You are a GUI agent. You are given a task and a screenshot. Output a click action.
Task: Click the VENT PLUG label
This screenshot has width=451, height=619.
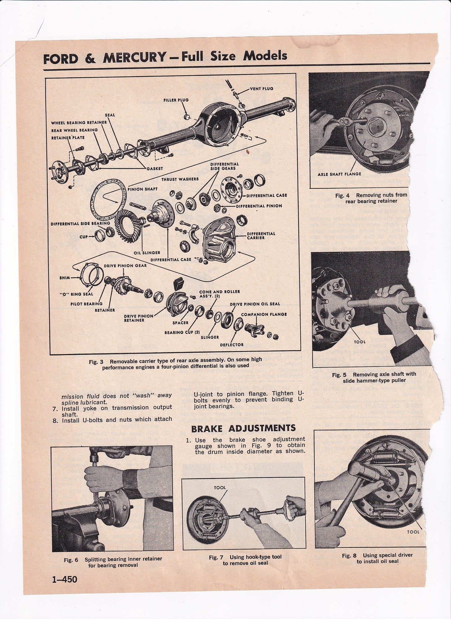(261, 89)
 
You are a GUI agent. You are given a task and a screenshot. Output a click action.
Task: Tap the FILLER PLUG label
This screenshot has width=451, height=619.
(176, 100)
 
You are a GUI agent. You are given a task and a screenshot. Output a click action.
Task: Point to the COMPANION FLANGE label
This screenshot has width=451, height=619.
(264, 314)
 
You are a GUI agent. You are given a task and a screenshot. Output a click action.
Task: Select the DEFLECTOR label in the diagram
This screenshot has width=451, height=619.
(231, 345)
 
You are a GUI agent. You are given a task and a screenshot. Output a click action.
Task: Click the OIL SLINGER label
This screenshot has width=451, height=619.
(147, 252)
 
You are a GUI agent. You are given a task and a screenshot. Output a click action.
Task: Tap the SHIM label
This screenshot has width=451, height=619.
(65, 277)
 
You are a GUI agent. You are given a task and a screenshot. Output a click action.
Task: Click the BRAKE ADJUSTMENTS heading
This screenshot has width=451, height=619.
(243, 428)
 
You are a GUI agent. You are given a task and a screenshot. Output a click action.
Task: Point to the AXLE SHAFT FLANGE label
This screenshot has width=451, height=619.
(339, 174)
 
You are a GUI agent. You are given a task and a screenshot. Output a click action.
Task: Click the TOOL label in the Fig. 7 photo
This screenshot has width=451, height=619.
(220, 488)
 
